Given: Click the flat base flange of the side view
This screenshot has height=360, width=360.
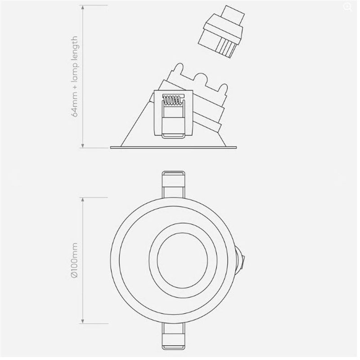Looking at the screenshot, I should [173, 146].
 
